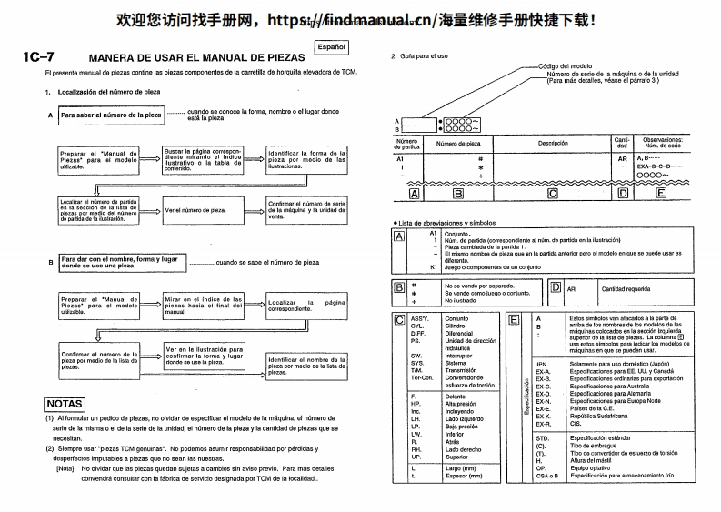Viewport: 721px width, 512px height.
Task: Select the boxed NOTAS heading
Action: point(64,404)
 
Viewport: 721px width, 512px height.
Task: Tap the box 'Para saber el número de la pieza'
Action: point(111,116)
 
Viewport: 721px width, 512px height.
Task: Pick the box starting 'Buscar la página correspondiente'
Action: point(203,159)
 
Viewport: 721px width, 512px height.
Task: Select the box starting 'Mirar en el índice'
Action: point(203,306)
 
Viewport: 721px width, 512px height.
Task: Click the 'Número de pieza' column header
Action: point(458,143)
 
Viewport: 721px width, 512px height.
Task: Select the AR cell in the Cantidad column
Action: point(623,158)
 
